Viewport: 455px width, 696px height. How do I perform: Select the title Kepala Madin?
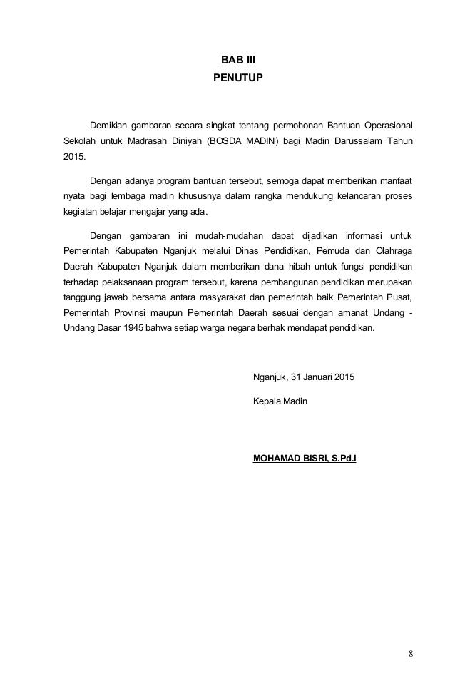tap(280, 401)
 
